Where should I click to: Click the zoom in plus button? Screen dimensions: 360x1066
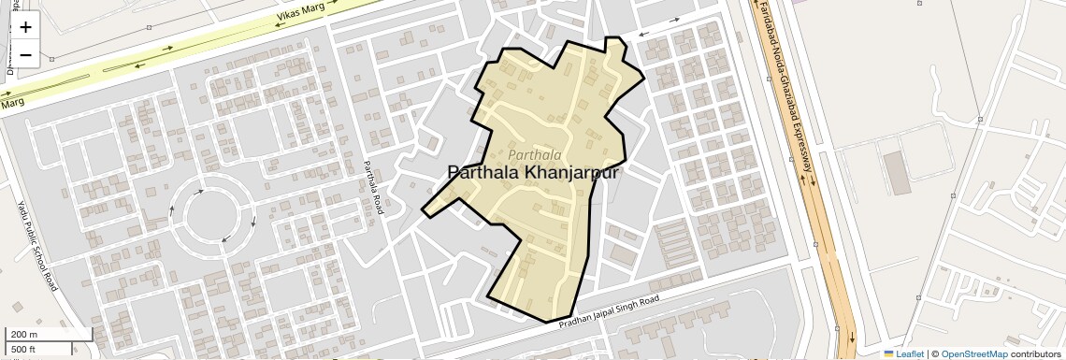(x=25, y=28)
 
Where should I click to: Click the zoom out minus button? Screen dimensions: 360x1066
(x=25, y=55)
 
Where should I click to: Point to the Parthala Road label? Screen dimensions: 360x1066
(x=372, y=188)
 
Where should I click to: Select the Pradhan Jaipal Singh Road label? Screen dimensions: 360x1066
(x=609, y=311)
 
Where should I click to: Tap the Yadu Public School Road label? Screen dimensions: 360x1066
(x=37, y=245)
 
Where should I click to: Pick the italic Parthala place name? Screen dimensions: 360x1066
(x=536, y=153)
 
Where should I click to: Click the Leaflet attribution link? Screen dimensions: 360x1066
(x=911, y=353)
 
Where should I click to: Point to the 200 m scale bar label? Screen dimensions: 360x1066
(x=23, y=335)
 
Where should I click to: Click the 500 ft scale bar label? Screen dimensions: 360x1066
(x=23, y=350)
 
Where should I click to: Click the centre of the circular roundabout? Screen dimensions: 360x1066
(x=214, y=216)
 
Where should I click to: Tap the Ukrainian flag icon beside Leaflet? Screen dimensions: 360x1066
(x=888, y=353)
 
